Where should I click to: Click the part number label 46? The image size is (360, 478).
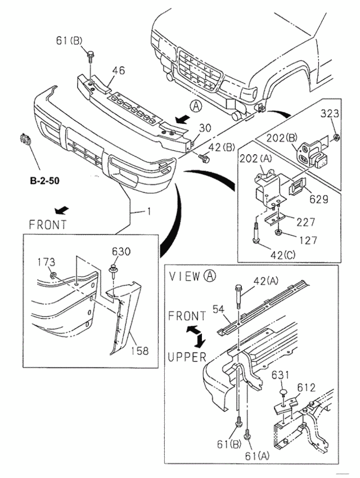[118, 71]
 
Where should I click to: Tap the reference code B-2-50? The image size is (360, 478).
[44, 182]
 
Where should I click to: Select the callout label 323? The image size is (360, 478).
[330, 114]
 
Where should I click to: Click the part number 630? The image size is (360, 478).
[120, 251]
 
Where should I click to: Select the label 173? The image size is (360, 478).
[46, 262]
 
